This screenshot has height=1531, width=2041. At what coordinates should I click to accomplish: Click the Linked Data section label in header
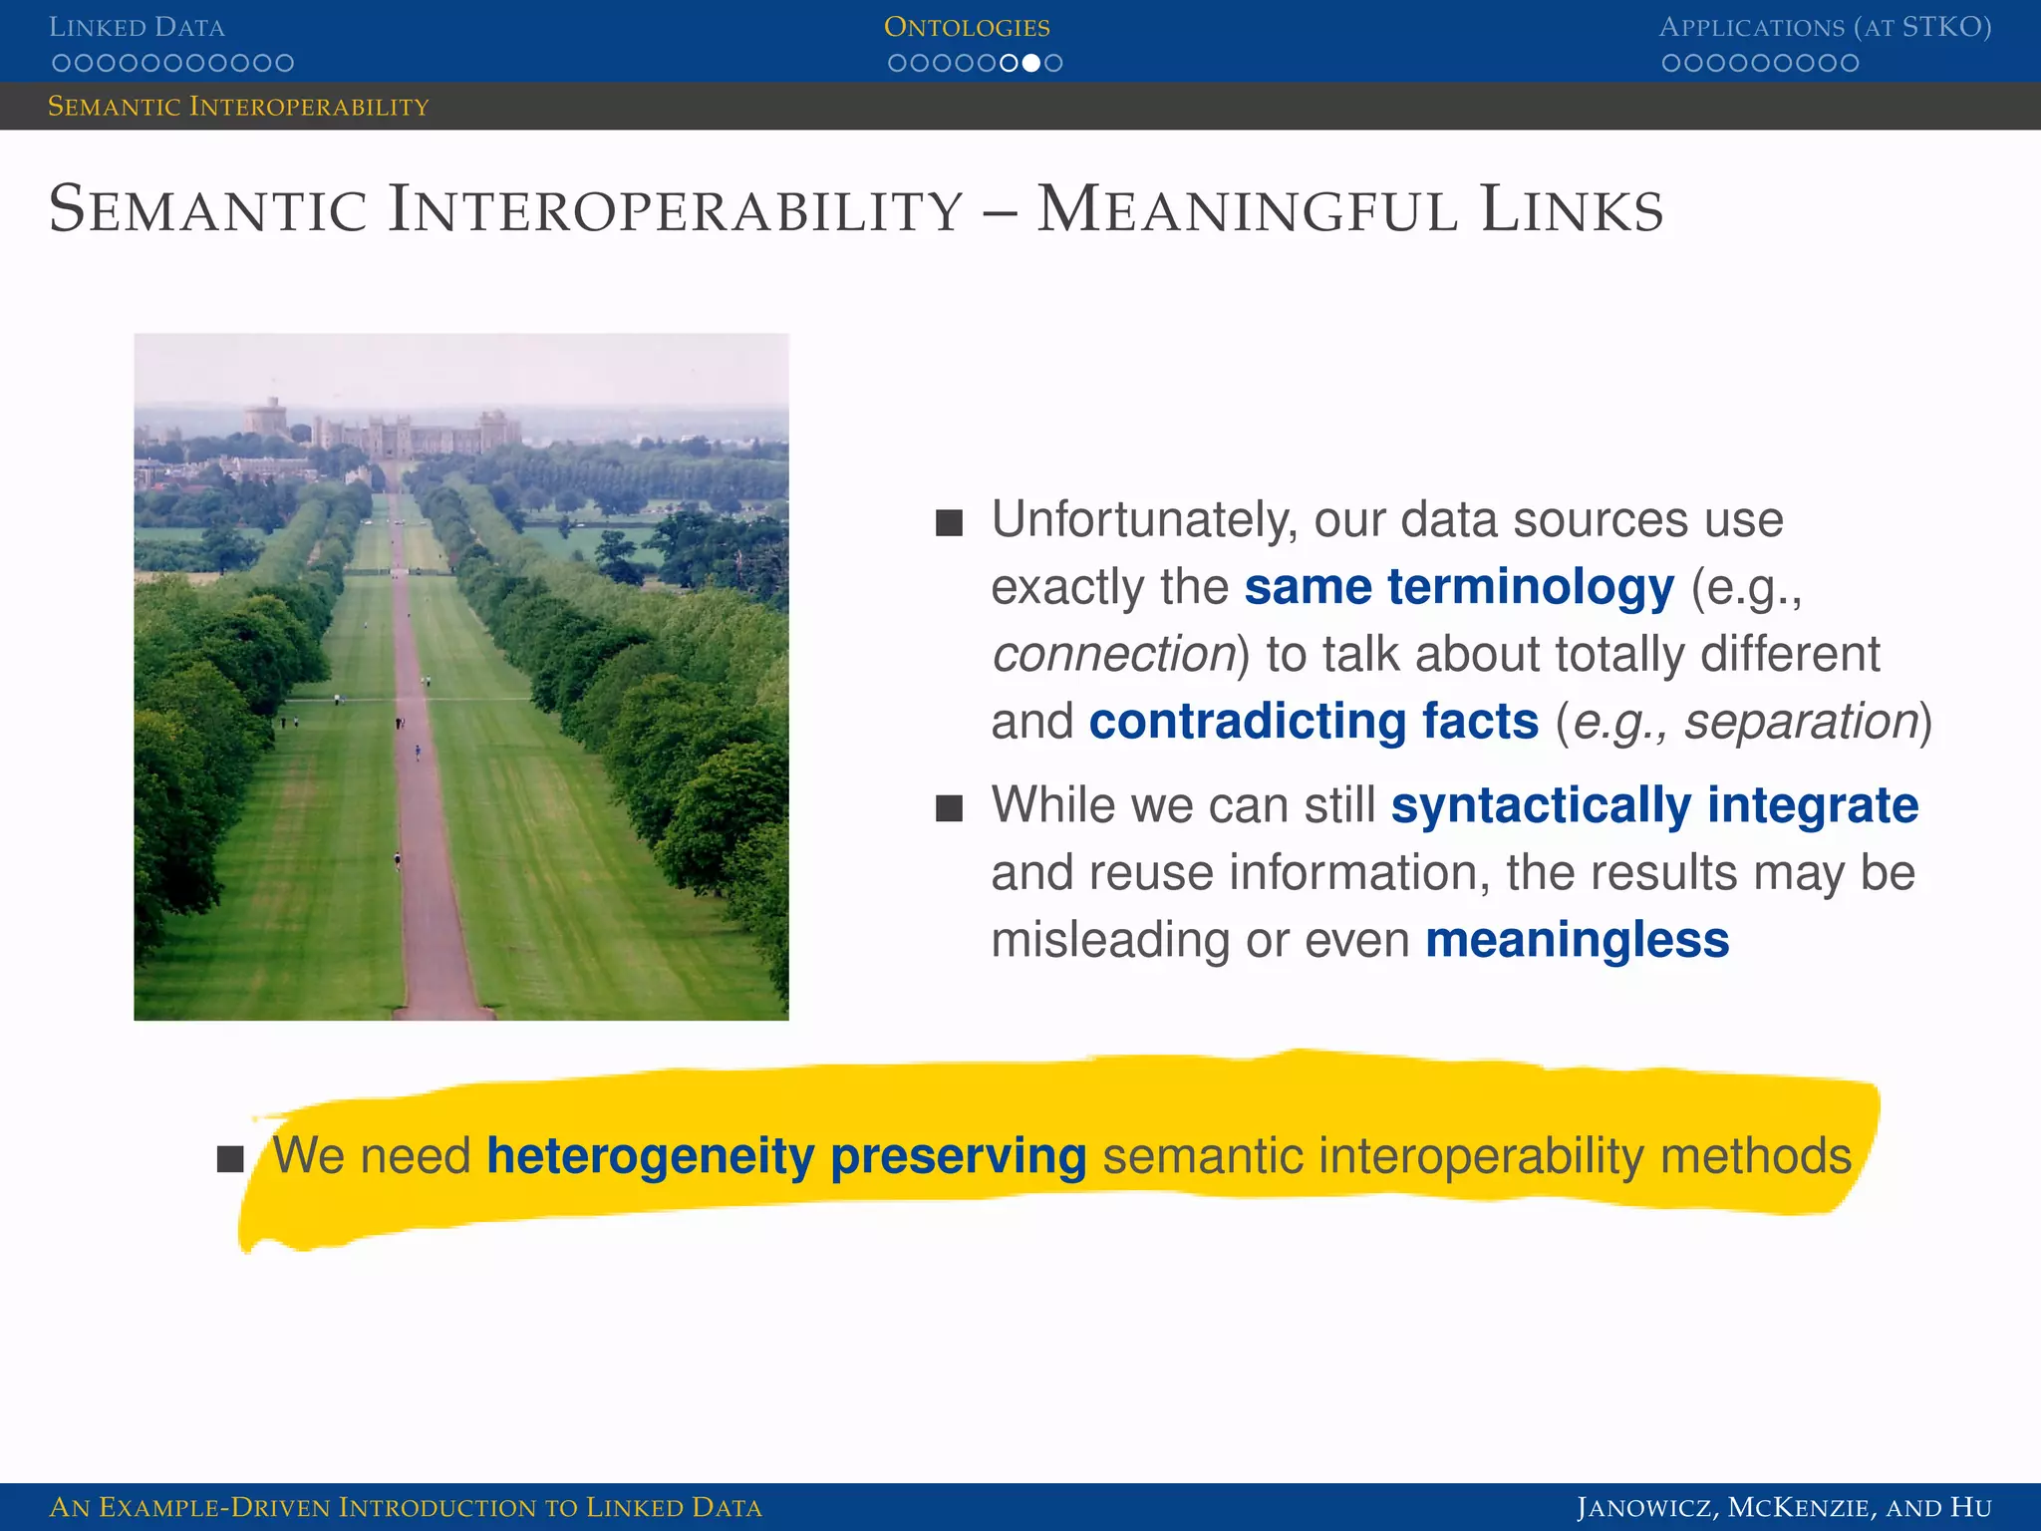coord(137,27)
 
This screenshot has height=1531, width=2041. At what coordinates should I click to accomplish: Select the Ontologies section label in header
coord(967,27)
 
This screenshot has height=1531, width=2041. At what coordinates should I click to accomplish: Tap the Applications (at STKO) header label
coord(1825,27)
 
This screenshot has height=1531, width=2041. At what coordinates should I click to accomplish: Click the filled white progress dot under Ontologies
coord(1031,63)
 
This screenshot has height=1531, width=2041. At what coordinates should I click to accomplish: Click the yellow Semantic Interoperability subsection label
coord(238,106)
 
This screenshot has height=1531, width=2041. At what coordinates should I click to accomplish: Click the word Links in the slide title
coord(1572,210)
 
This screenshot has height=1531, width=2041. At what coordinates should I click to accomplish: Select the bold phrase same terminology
coord(1459,586)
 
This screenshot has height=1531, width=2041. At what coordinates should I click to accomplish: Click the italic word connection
coord(1113,654)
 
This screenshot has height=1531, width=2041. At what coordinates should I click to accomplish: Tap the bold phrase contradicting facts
coord(1313,721)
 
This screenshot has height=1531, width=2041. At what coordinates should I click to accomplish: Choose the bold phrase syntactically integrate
coord(1654,805)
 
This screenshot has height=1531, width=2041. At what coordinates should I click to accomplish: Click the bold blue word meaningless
coord(1577,940)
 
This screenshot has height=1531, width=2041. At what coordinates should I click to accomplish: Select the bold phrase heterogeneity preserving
coord(785,1156)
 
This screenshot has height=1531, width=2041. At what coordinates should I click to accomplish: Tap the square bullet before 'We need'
coord(230,1159)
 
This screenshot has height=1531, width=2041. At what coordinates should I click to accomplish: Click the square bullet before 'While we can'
coord(949,807)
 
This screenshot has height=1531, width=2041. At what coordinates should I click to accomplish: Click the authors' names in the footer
coord(1784,1507)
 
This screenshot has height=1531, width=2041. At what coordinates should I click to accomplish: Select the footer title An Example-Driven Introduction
coord(405,1507)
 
